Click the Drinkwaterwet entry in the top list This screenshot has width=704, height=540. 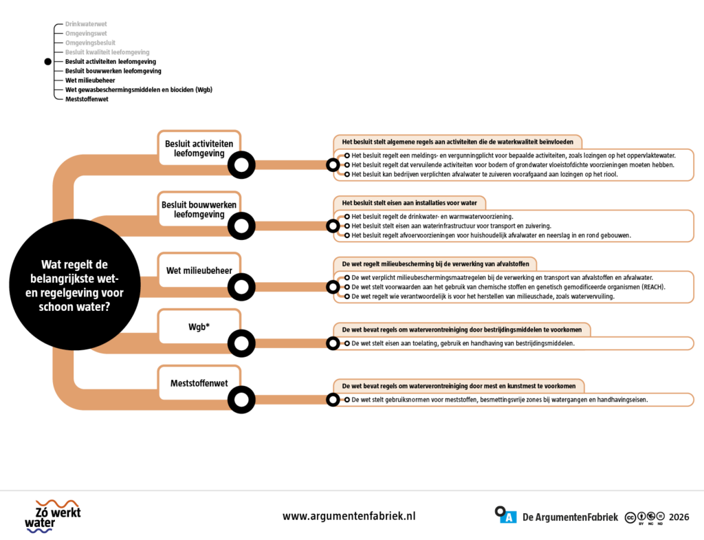click(86, 24)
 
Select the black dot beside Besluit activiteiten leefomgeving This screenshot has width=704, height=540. click(48, 61)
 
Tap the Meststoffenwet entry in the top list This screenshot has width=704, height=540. click(87, 99)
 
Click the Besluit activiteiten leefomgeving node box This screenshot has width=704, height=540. click(199, 149)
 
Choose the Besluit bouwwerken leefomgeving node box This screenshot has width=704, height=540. click(199, 209)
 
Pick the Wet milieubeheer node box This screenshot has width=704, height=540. click(199, 270)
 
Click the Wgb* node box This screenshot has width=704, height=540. click(199, 327)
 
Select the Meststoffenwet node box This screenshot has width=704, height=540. click(199, 383)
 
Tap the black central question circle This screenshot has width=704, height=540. click(74, 285)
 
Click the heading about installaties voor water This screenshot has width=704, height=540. click(409, 203)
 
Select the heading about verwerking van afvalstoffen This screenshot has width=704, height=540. click(435, 264)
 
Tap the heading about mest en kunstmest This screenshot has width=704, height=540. click(459, 387)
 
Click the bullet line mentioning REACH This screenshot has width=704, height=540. click(508, 287)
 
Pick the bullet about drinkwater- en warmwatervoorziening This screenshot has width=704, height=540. click(432, 217)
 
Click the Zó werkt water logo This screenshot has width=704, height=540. click(53, 516)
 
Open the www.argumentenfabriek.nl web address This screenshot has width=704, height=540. click(349, 516)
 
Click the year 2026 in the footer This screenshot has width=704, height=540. click(679, 517)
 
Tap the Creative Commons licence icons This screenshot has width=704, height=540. click(645, 518)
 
